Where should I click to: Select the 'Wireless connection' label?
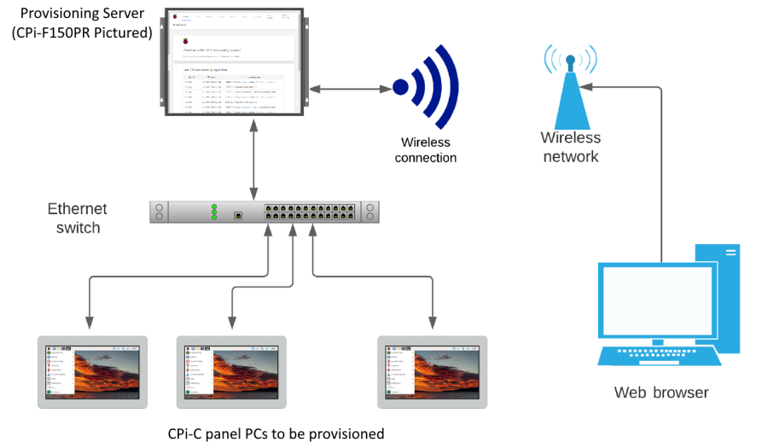(x=427, y=150)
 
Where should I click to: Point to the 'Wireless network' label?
(x=570, y=147)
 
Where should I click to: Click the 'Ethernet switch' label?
(x=78, y=218)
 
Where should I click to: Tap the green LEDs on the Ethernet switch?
(x=214, y=212)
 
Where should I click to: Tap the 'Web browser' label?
(x=661, y=393)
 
